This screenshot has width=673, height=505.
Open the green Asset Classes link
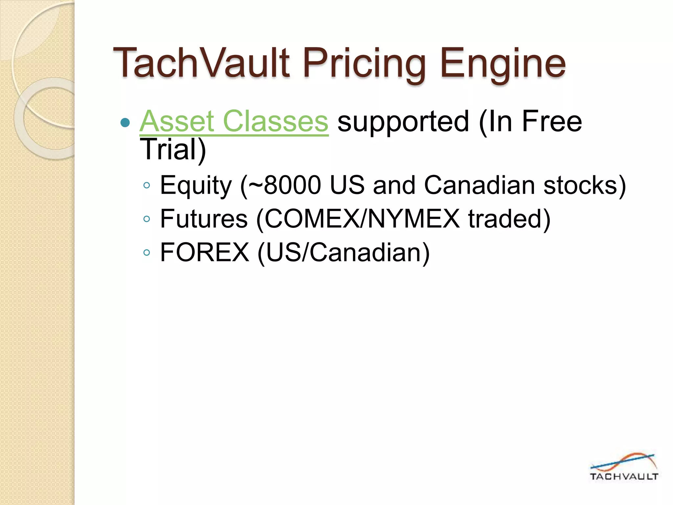coord(234,121)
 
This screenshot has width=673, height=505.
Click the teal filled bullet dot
coord(125,123)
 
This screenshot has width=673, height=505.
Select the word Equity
coord(196,185)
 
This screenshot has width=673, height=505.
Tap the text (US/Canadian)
coord(343,252)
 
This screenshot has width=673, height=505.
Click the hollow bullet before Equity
coord(147,185)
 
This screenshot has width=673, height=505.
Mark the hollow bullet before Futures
coord(147,219)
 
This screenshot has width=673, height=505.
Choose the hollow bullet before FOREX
coord(147,252)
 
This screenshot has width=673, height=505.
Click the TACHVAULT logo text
coord(624,476)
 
